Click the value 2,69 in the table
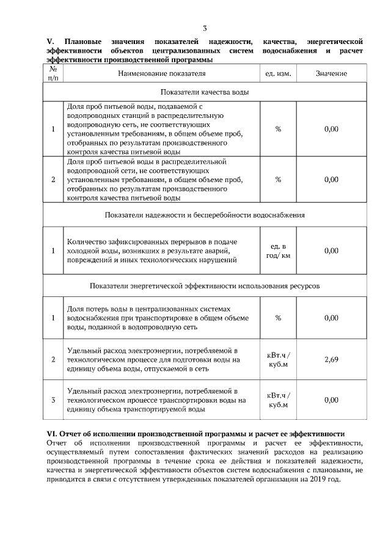[x=331, y=359]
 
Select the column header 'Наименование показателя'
[x=162, y=73]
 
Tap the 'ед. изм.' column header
[x=278, y=73]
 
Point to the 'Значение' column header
[x=331, y=73]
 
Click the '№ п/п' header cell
[x=53, y=73]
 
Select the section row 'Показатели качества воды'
[x=205, y=92]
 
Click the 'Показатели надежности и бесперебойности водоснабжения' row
[x=205, y=215]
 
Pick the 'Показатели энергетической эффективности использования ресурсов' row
[x=205, y=285]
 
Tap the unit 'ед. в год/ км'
[x=278, y=251]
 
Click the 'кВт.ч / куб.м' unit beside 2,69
[x=279, y=359]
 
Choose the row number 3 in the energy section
[x=53, y=400]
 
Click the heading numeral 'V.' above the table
[x=50, y=40]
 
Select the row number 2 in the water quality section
[x=53, y=180]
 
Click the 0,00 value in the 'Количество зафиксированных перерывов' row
[x=331, y=251]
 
